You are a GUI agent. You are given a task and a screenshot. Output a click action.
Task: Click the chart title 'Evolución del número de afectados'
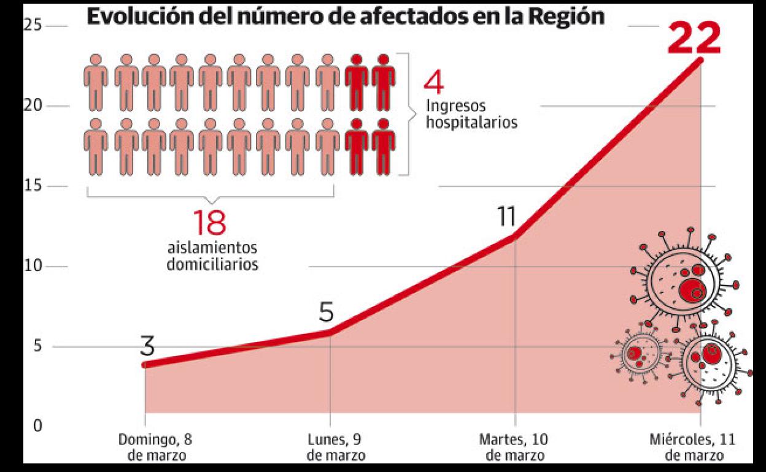pos(345,17)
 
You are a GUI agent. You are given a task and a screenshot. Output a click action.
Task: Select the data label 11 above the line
pos(508,216)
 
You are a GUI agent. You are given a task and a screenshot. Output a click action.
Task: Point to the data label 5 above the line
pos(326,313)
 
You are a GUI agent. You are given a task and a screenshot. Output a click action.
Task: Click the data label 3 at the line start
pos(147,346)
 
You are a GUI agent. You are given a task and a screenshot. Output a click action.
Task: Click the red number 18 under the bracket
pos(209,223)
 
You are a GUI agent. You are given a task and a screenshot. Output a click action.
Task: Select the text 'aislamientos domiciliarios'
pos(212,256)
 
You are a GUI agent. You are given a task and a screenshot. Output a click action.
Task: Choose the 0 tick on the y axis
pos(36,426)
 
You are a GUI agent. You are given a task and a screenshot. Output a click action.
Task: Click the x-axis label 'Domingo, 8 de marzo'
pos(150,447)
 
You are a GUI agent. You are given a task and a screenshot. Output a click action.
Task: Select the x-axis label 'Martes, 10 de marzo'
pos(514,447)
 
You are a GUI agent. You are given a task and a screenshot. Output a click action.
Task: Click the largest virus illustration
pos(684,281)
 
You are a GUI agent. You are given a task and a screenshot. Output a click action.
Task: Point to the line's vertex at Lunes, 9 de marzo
pos(330,332)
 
